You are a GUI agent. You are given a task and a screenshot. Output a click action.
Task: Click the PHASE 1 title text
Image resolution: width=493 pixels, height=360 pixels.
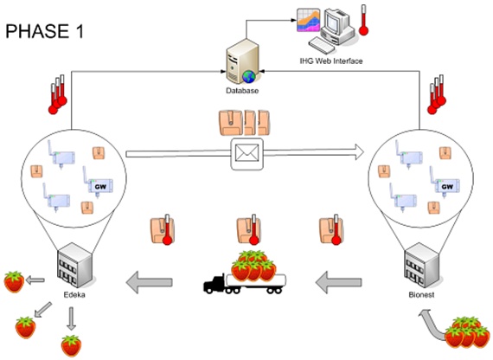45,31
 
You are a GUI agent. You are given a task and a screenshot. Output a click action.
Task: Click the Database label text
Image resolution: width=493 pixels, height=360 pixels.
242,91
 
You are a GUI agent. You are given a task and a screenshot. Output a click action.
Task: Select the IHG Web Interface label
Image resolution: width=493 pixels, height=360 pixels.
331,61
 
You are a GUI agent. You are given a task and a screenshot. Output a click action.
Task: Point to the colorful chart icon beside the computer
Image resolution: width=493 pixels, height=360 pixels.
309,20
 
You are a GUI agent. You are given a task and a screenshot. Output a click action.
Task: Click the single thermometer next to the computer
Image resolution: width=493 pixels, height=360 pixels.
364,20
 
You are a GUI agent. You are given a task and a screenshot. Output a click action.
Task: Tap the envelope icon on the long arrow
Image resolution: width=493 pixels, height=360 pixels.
247,154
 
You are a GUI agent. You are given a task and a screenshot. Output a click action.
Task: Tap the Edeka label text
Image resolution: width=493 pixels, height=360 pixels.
74,295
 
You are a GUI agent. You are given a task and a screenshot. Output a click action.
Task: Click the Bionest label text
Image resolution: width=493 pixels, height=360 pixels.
421,295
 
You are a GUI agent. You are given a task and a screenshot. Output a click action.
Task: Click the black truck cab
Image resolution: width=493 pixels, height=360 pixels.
215,285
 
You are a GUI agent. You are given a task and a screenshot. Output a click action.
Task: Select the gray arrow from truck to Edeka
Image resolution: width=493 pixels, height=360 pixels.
150,282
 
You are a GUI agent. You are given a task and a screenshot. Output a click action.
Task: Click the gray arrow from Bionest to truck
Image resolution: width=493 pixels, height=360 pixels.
339,282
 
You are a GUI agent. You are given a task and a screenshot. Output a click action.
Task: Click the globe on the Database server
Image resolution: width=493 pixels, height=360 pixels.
249,77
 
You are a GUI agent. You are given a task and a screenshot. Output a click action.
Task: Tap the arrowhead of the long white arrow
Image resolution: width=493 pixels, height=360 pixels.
358,152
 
